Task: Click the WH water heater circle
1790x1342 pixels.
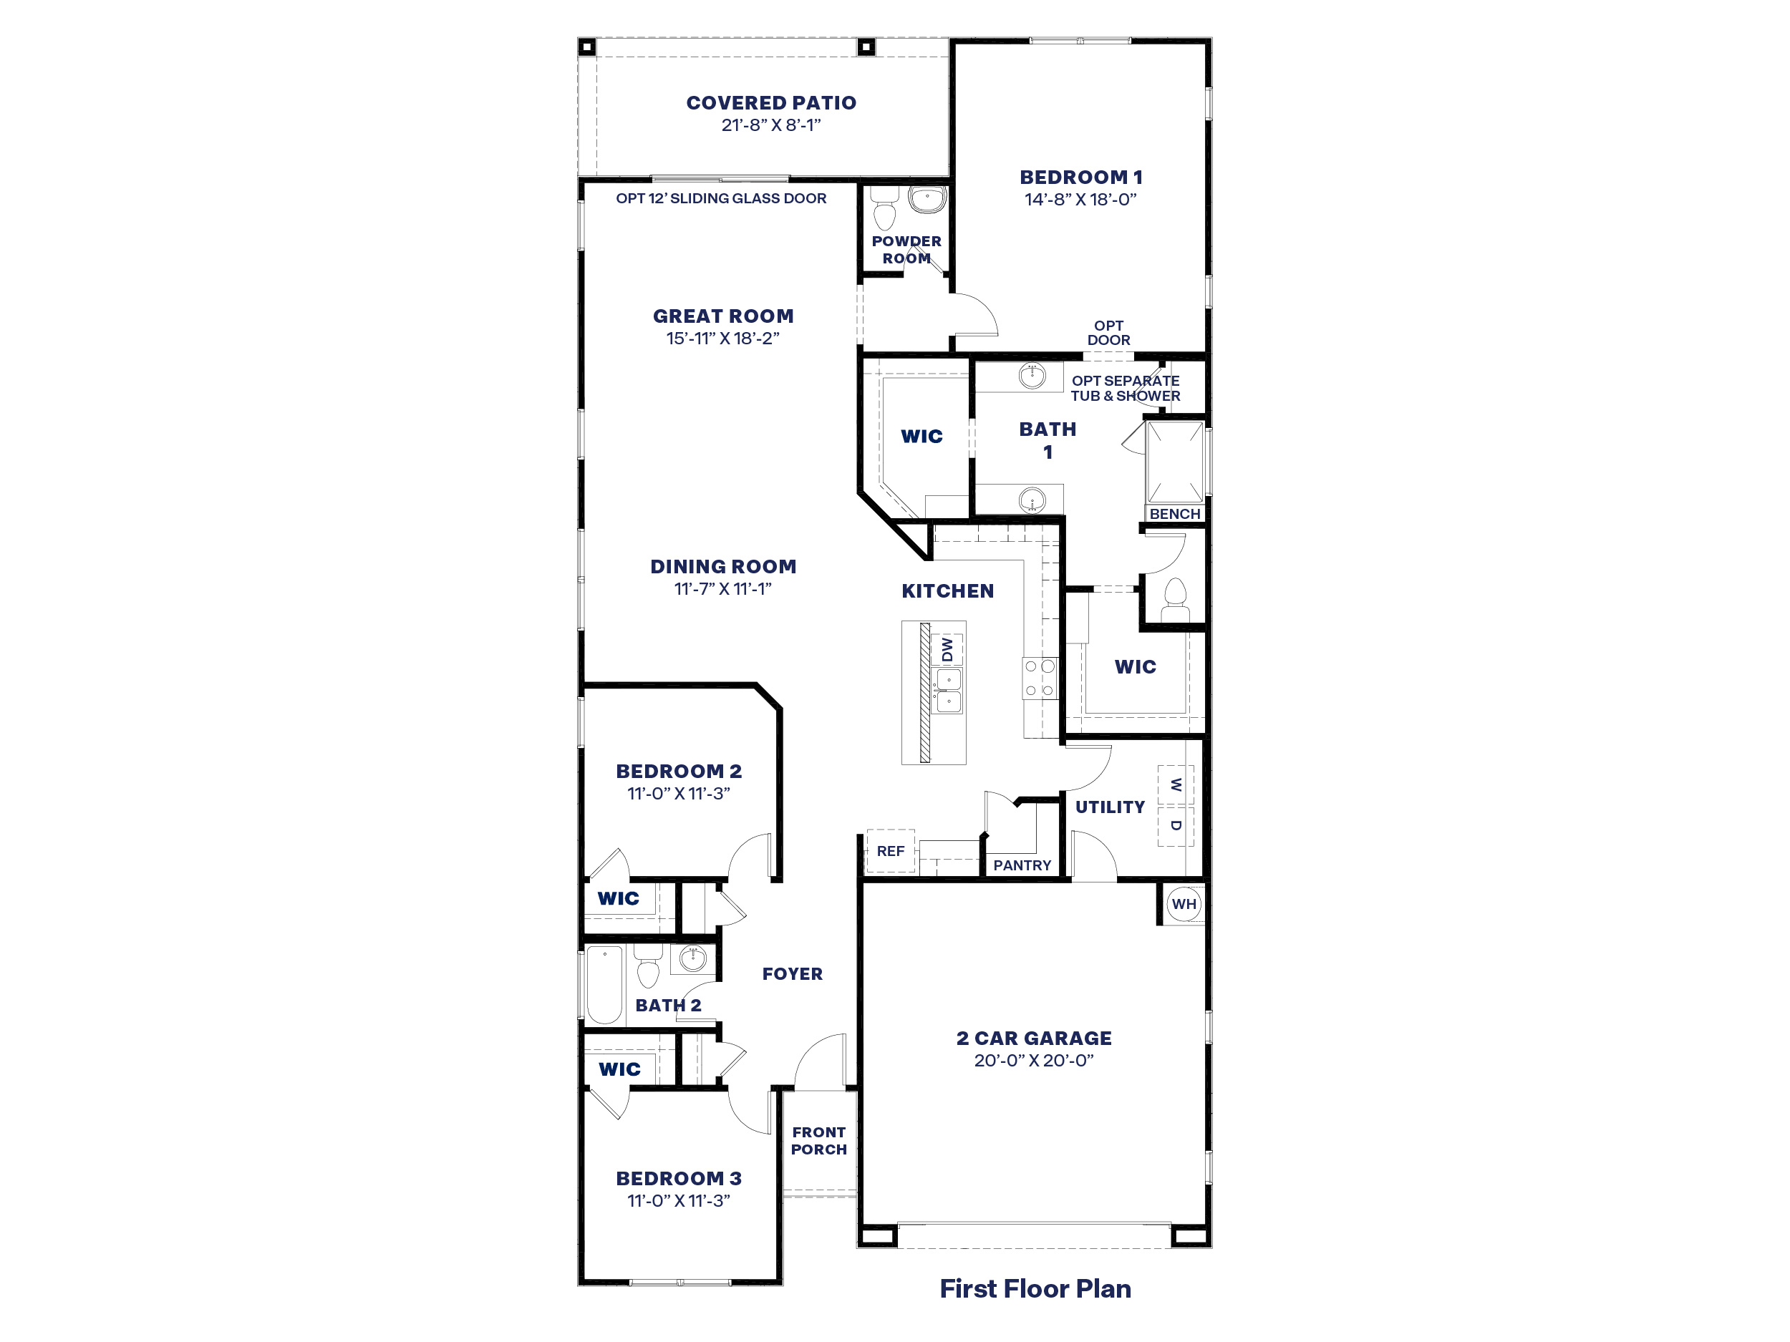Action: [1183, 905]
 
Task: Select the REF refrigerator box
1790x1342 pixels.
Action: [890, 851]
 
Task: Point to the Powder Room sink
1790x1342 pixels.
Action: [927, 198]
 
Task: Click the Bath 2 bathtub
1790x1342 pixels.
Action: [604, 984]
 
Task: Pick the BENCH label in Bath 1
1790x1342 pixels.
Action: [1174, 514]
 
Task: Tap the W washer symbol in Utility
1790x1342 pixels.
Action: [1176, 784]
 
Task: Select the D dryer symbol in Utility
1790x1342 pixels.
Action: [1176, 826]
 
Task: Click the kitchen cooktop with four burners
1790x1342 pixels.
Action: [1040, 679]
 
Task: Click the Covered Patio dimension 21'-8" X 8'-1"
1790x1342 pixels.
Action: [770, 125]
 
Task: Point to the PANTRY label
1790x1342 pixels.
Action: [1022, 865]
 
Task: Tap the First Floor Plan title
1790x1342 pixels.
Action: [1035, 1288]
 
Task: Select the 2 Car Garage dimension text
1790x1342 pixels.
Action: [1033, 1061]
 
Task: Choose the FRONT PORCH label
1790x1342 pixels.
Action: [819, 1141]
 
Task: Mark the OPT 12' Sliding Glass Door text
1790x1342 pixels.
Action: [720, 198]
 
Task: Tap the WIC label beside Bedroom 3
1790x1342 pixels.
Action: [619, 1069]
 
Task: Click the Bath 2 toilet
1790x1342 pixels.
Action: [647, 969]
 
